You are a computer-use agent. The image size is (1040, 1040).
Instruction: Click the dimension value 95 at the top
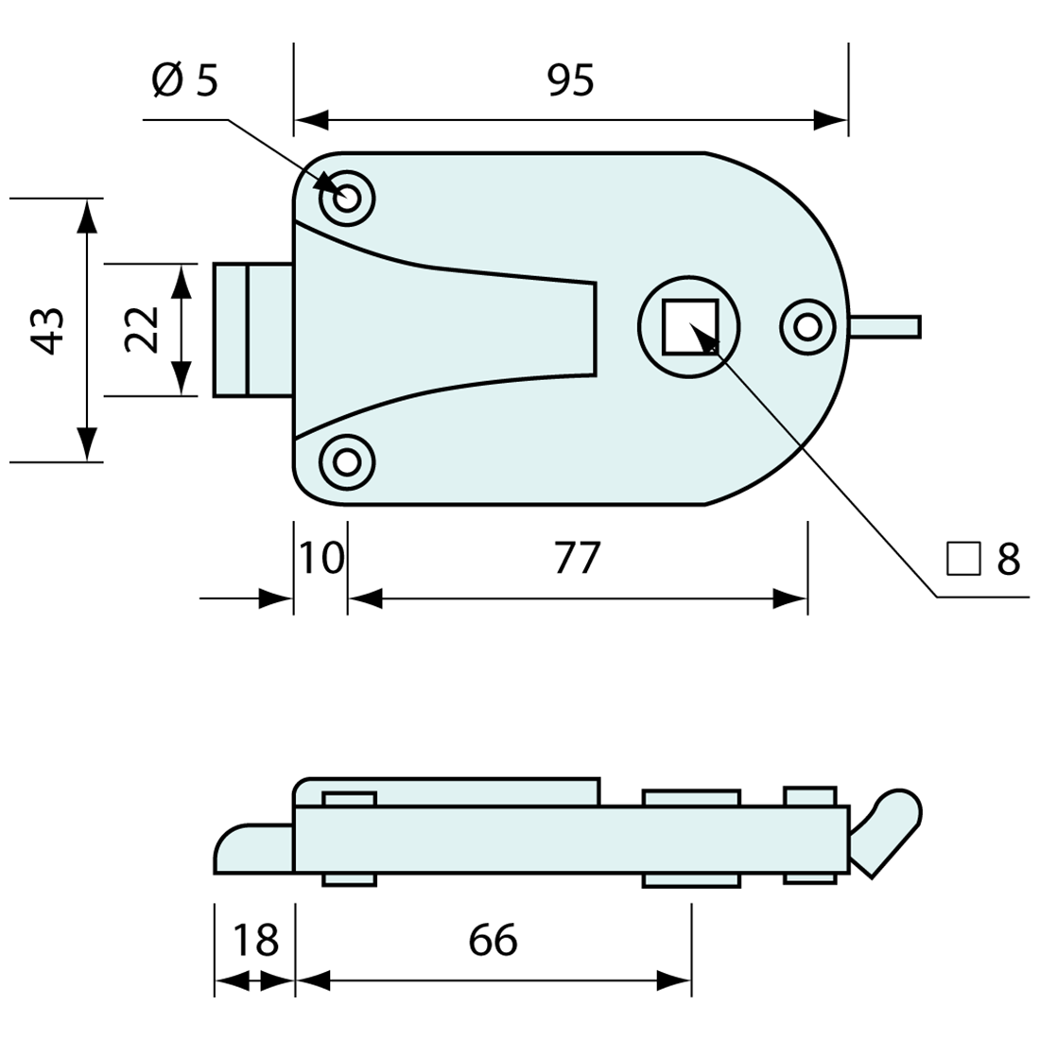click(570, 81)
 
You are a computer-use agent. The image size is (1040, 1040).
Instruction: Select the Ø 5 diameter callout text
click(184, 81)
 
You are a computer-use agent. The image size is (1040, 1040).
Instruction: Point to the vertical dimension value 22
click(143, 330)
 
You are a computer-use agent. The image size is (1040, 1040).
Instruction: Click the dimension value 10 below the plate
click(321, 558)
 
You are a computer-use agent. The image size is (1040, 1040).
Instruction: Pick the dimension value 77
click(577, 558)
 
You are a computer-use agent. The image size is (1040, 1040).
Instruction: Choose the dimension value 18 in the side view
click(254, 940)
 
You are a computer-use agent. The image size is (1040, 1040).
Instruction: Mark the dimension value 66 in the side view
click(493, 940)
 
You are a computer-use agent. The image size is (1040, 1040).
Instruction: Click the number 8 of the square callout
click(1009, 560)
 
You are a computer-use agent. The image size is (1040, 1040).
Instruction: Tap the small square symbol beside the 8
click(963, 560)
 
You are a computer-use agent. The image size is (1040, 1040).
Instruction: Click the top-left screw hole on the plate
click(348, 199)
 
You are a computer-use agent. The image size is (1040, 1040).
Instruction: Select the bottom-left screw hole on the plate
click(348, 462)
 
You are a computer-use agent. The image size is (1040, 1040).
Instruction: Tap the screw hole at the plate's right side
click(806, 327)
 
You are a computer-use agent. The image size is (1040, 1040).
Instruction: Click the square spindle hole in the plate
click(689, 326)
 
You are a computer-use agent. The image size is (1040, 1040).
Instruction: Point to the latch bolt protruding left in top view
click(251, 330)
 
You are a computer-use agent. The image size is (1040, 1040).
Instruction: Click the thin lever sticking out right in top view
click(885, 326)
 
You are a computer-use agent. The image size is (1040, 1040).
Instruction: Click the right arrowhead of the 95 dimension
click(832, 121)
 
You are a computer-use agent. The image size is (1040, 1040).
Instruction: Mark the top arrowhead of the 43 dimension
click(87, 216)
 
